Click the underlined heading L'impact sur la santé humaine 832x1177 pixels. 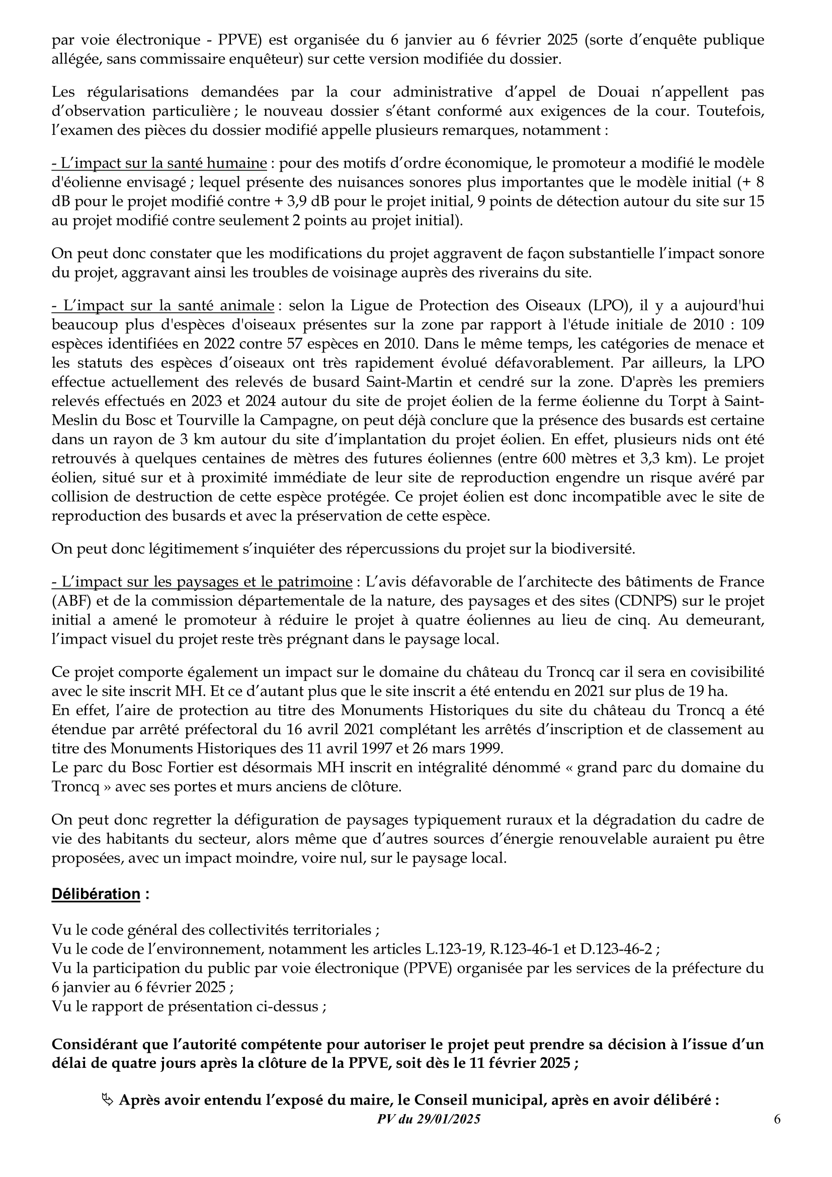point(159,163)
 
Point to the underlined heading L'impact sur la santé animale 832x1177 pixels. point(163,305)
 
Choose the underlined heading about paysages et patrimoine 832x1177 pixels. point(202,582)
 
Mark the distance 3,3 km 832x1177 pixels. point(670,458)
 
